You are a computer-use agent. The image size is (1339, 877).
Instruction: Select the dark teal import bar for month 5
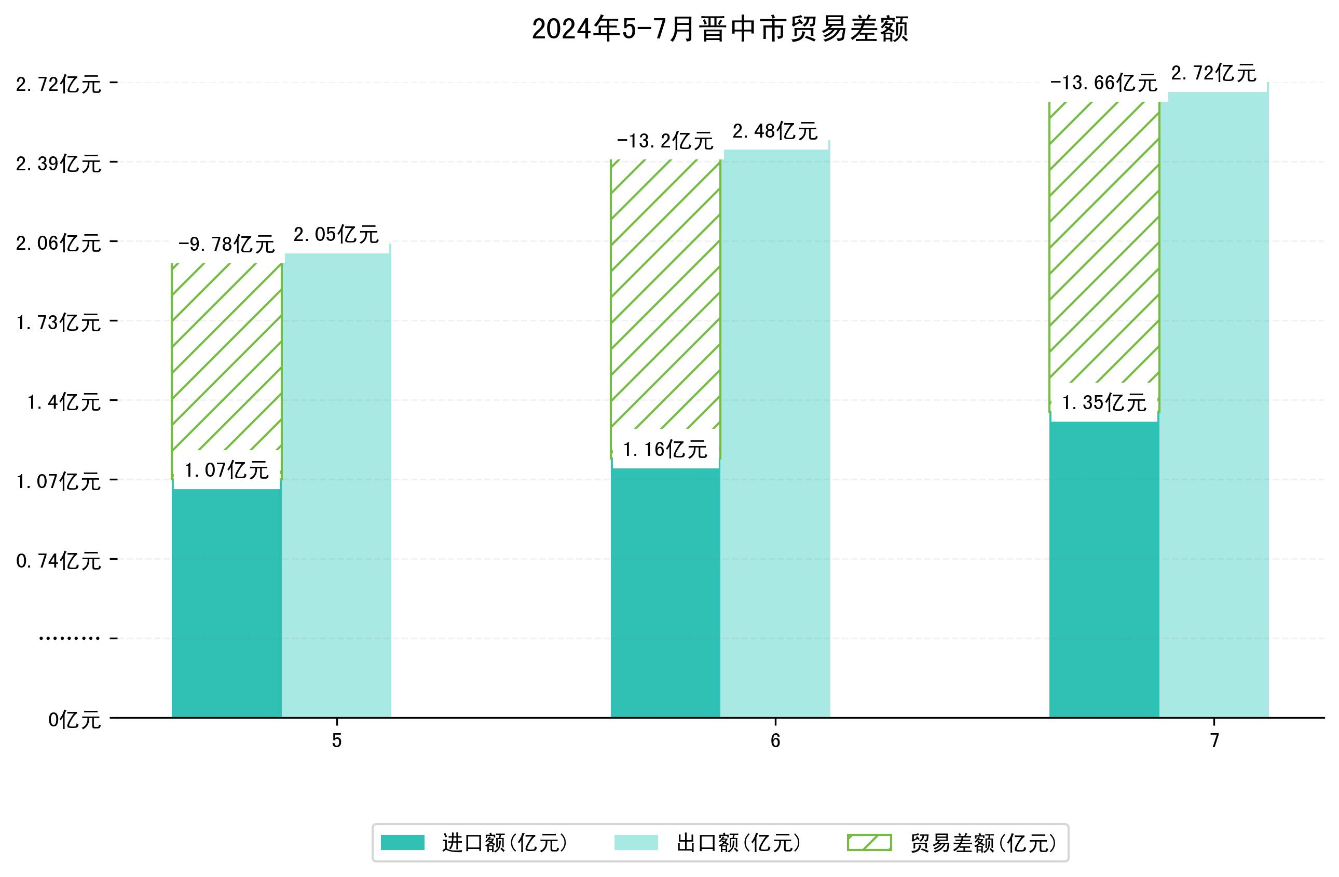click(x=226, y=602)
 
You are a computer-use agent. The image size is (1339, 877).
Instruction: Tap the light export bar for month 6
click(x=775, y=434)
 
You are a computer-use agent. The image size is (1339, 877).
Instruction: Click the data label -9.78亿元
click(x=226, y=244)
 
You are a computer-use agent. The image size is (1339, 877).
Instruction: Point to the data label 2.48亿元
click(x=775, y=131)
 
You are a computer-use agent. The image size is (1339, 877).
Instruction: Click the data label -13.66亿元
click(x=1103, y=83)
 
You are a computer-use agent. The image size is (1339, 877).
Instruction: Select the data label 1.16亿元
click(x=665, y=449)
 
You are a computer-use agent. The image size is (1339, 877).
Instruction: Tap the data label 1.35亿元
click(x=1104, y=402)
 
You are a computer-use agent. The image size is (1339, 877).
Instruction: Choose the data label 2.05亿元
click(x=336, y=234)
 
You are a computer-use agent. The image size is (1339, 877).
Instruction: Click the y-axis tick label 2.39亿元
click(x=59, y=164)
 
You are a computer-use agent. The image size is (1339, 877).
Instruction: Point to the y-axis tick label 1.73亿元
click(x=59, y=322)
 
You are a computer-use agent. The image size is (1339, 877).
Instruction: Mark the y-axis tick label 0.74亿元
click(x=59, y=561)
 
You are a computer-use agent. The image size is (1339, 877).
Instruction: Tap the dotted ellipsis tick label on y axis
click(x=69, y=639)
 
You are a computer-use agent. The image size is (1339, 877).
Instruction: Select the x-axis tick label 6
click(x=775, y=741)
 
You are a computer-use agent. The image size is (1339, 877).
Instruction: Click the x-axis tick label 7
click(x=1214, y=741)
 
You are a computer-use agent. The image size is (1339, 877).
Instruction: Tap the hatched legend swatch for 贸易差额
click(x=869, y=843)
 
